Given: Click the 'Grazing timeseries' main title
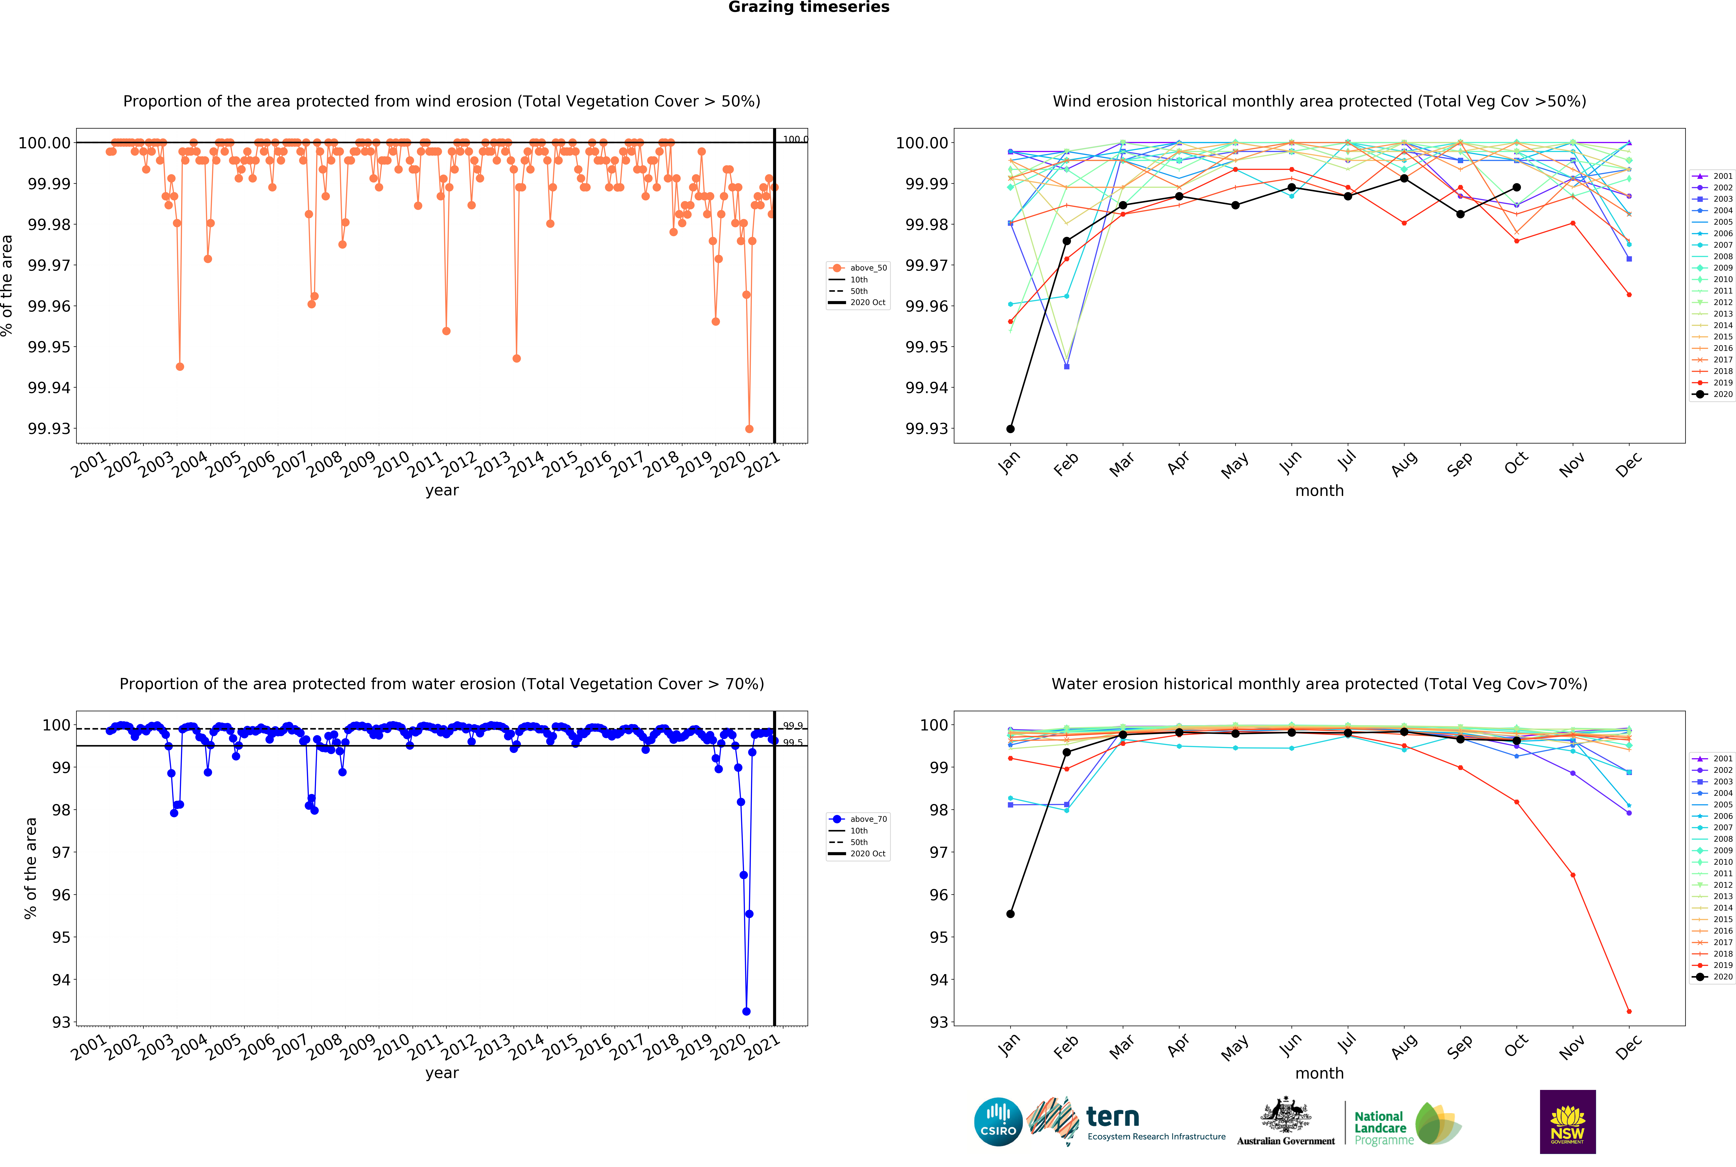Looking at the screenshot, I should [x=808, y=7].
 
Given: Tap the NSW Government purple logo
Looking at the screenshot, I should [x=1567, y=1122].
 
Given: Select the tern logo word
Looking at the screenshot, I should [x=1113, y=1117].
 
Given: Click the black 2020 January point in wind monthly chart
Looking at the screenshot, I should [x=1010, y=429].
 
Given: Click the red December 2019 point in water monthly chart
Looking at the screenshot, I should [x=1629, y=1011].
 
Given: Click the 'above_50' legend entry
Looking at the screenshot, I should [x=868, y=268].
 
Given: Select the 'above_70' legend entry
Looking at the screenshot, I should [x=868, y=819].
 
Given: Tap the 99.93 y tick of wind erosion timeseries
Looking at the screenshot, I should [x=49, y=429].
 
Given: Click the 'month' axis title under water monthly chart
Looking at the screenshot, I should [x=1319, y=1073].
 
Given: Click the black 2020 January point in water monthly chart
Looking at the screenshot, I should [x=1010, y=914].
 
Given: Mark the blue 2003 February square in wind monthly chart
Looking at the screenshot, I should [x=1066, y=366].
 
